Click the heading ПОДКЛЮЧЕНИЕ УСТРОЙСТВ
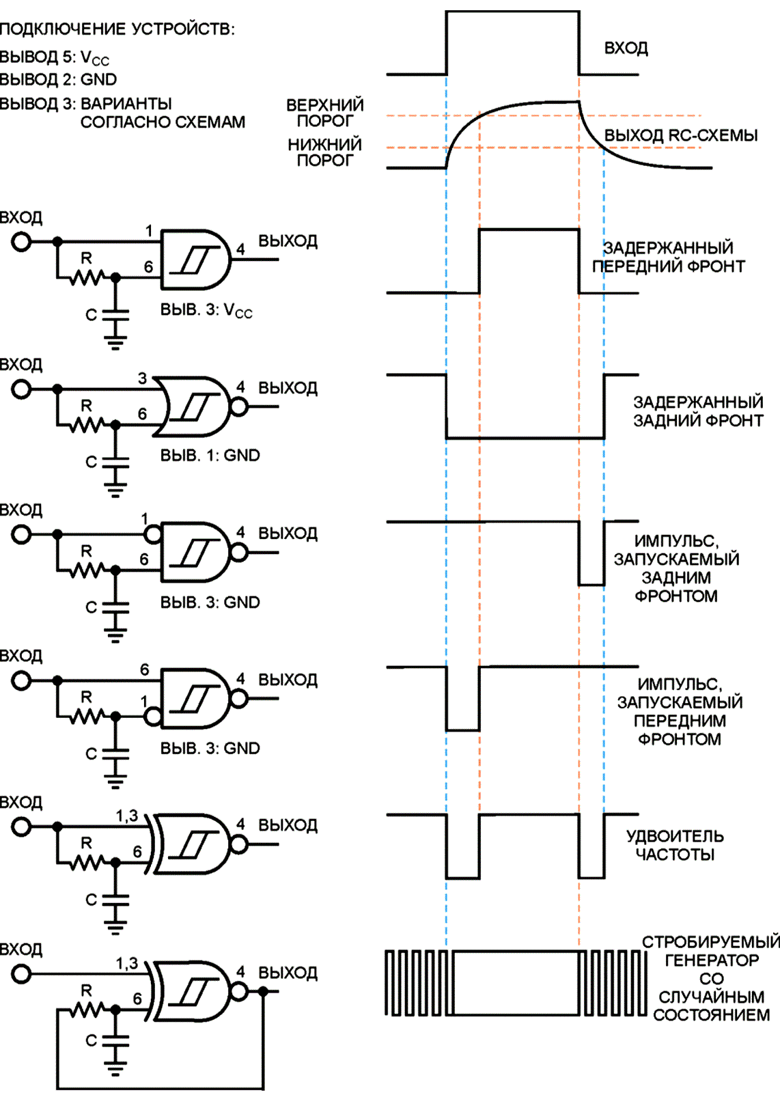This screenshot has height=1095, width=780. (117, 29)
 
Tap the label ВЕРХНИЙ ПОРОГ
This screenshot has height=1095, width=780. (325, 113)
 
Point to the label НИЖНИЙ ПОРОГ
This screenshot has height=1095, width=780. (325, 152)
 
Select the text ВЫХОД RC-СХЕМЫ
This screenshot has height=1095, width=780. (681, 135)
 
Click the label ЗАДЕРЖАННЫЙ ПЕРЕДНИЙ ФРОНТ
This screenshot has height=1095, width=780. (669, 257)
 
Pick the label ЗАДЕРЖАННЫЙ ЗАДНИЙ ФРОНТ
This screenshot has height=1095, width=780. (699, 411)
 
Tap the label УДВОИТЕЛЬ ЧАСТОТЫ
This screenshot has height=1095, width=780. (675, 845)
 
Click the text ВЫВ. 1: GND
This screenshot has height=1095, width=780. (210, 455)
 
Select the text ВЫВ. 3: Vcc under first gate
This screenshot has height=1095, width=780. (206, 310)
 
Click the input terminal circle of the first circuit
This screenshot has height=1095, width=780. (21, 242)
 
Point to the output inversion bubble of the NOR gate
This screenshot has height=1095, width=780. (240, 406)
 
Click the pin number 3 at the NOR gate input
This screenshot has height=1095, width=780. (142, 378)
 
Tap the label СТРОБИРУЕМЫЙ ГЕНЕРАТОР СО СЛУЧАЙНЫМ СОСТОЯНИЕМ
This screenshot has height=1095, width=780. (711, 978)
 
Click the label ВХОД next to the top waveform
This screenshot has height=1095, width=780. (626, 48)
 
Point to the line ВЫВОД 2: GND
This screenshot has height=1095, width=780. (59, 79)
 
